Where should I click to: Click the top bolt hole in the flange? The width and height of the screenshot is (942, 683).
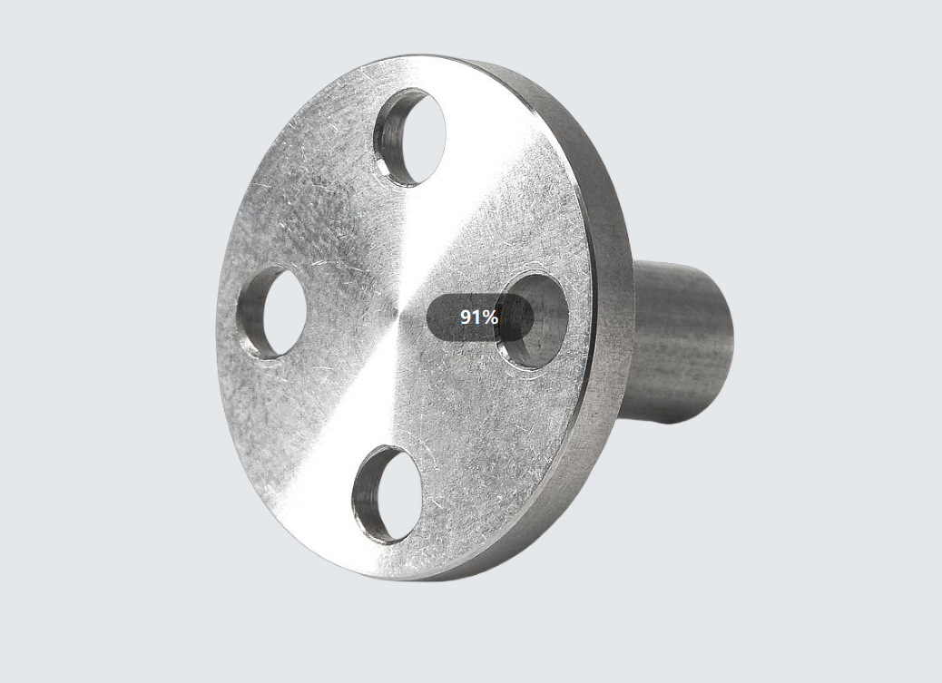[409, 137]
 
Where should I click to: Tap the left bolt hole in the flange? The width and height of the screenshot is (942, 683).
[272, 312]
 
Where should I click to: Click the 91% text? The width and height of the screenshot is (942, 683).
[479, 317]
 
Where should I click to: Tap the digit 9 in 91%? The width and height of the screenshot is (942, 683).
[466, 317]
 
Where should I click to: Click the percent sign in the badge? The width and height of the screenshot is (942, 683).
[490, 317]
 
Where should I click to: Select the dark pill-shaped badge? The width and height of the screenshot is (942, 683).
[480, 317]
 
